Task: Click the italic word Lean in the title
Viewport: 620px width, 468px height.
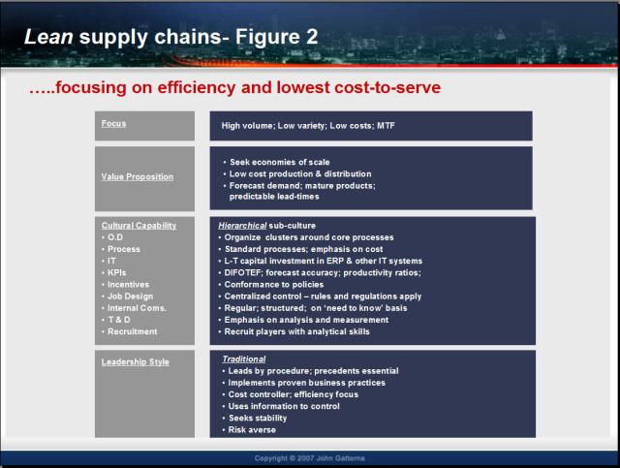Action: coord(48,37)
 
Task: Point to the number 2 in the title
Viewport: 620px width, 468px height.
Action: coord(312,37)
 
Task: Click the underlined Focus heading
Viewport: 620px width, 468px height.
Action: coord(113,123)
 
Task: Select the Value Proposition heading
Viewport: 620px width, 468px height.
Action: coord(138,177)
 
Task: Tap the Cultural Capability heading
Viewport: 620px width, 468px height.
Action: coord(139,226)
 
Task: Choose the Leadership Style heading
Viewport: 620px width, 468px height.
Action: coord(136,362)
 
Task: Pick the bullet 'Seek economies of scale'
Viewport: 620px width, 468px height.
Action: coord(280,162)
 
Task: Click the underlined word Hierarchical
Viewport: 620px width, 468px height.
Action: coord(242,226)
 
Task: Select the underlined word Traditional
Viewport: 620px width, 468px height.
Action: coord(244,359)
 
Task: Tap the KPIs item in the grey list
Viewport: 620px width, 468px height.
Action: coord(116,272)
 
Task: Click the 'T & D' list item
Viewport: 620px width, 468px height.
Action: coord(119,320)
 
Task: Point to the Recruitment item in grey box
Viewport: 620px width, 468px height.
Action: coord(133,331)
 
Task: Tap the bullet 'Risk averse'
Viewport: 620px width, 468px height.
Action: coord(252,430)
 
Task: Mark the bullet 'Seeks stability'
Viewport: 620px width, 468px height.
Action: coord(258,419)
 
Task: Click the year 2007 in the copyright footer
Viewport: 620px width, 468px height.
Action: coord(306,458)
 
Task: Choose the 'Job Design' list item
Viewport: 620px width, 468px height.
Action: coord(130,296)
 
